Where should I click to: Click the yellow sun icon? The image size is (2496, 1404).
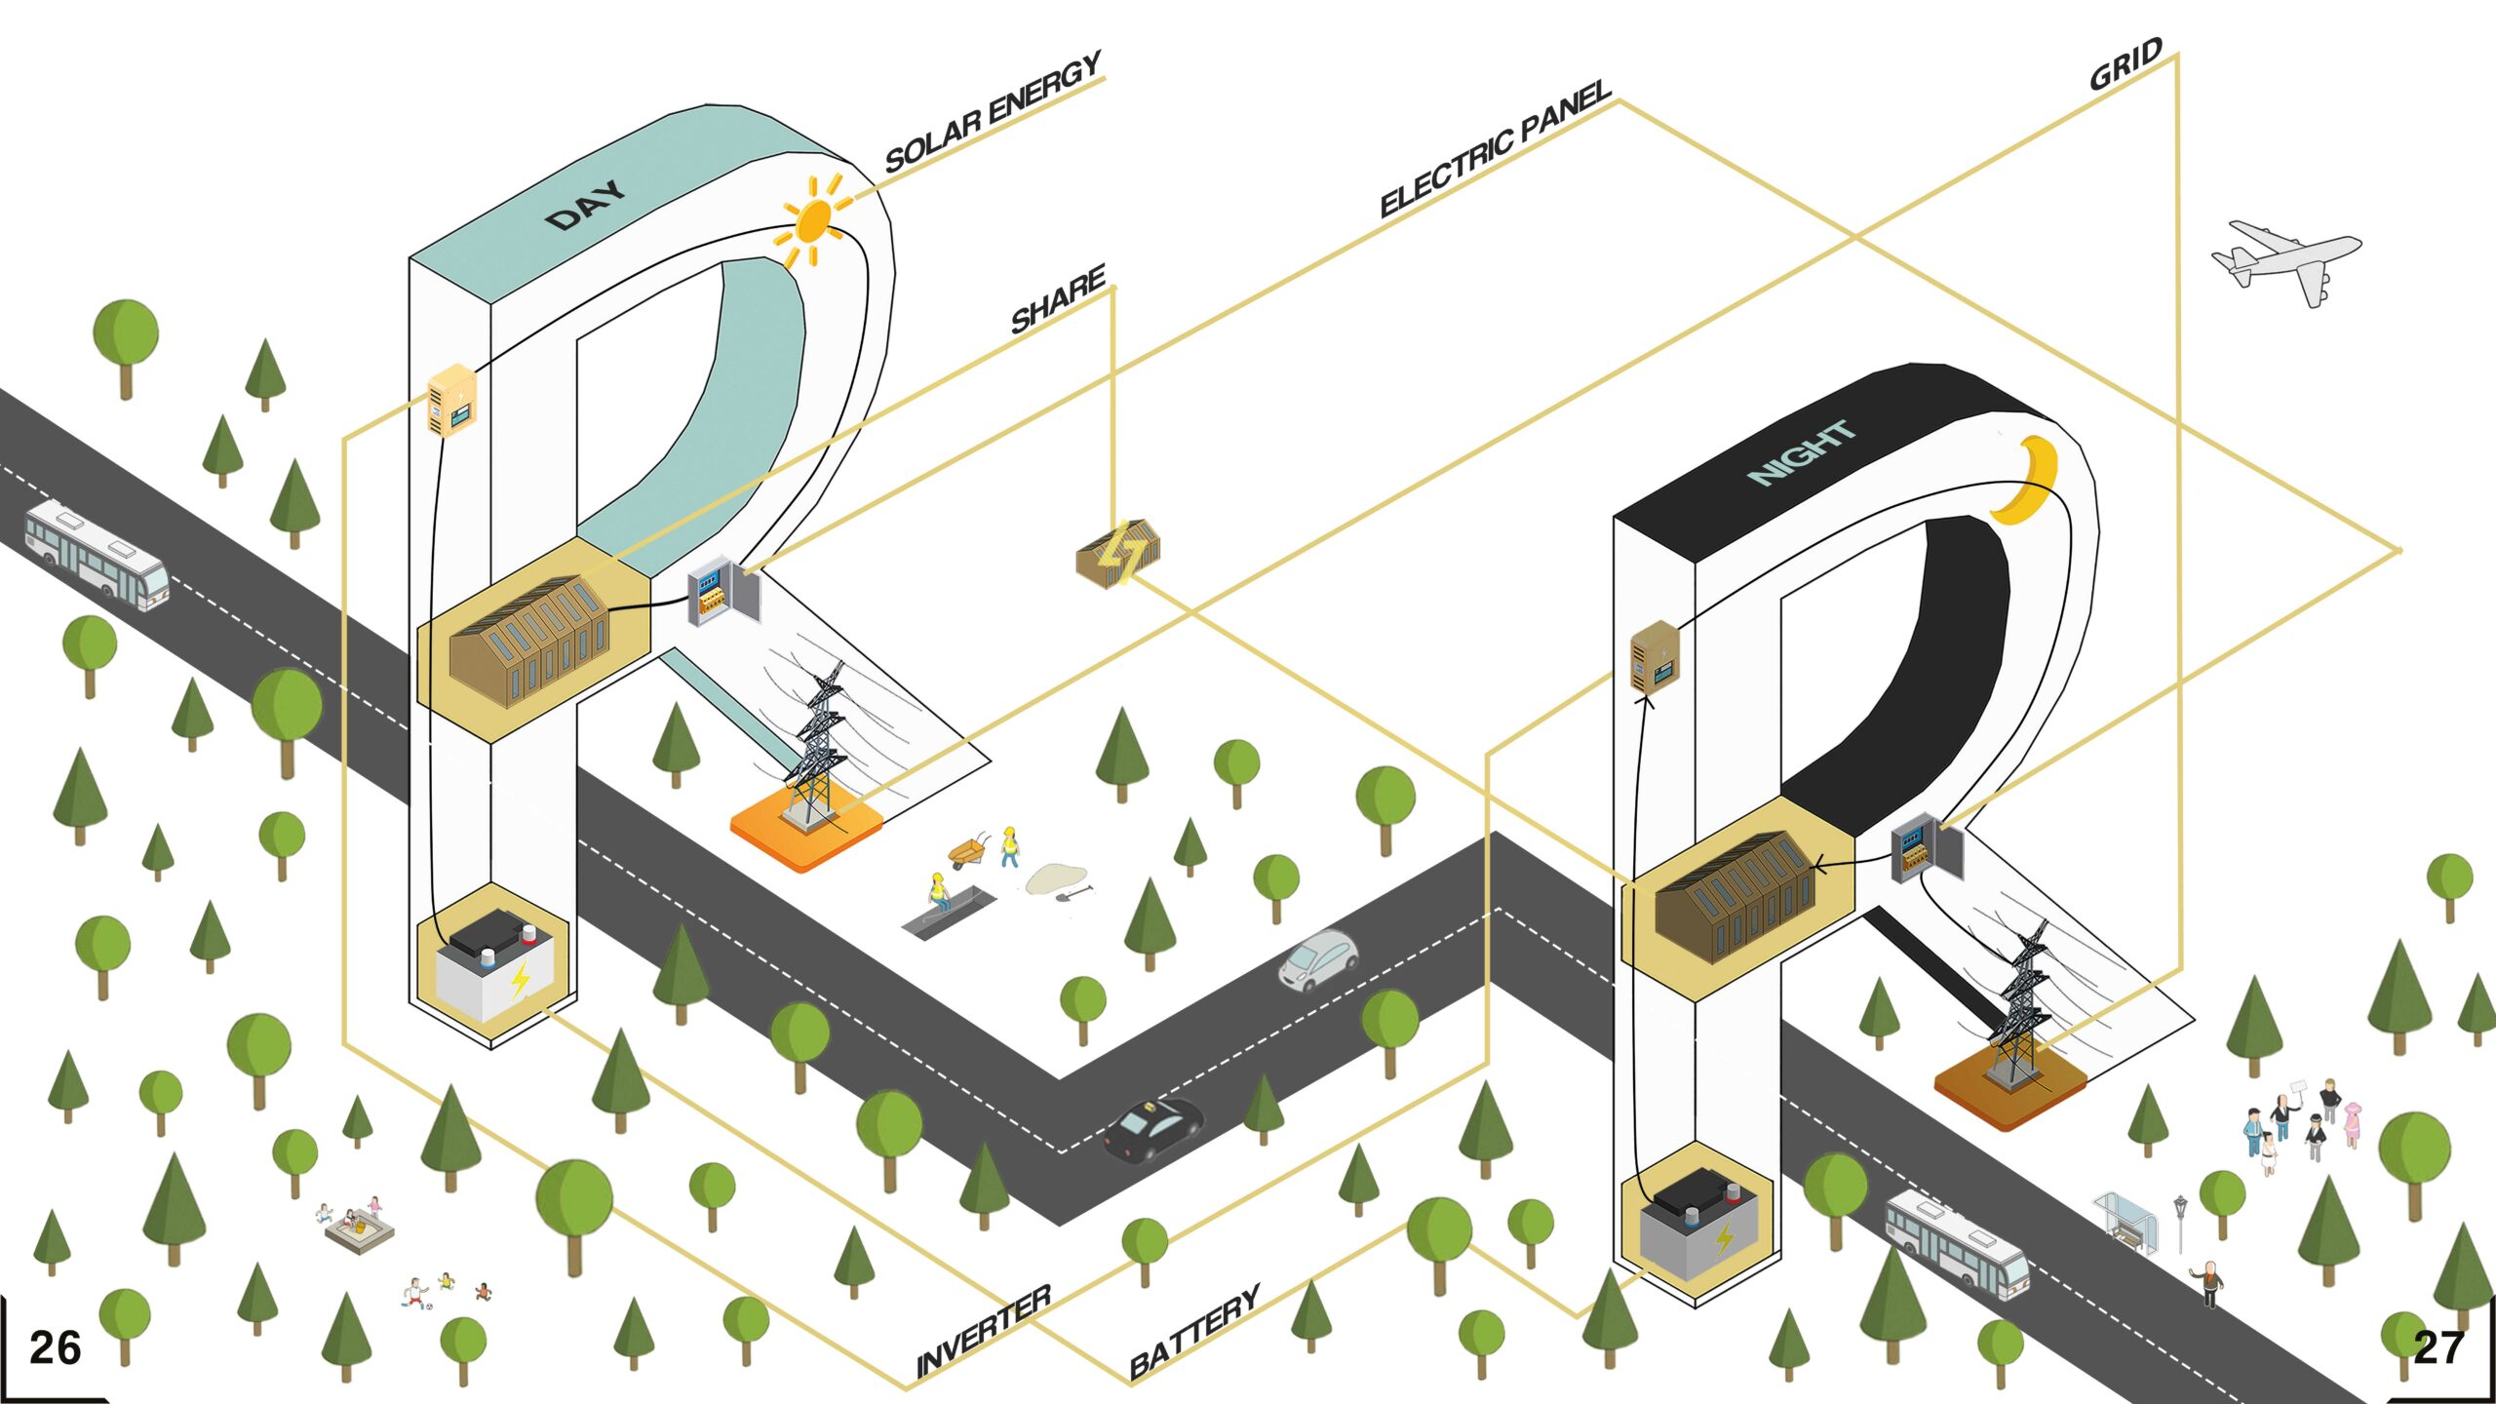click(812, 221)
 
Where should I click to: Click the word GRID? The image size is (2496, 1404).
click(2125, 64)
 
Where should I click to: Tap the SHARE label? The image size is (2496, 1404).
click(1058, 298)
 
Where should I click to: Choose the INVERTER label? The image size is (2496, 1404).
click(983, 1330)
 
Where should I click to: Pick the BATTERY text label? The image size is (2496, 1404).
click(1194, 1330)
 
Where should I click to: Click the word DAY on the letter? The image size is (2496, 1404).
click(585, 205)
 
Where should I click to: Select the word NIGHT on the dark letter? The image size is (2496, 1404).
click(1802, 452)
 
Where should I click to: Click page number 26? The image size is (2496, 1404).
click(56, 1348)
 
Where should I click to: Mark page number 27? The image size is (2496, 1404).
click(2438, 1348)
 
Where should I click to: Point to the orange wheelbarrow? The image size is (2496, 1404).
click(968, 854)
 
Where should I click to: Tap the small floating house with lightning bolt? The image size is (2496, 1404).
click(1119, 554)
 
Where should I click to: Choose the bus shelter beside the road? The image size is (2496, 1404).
click(2125, 1216)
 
